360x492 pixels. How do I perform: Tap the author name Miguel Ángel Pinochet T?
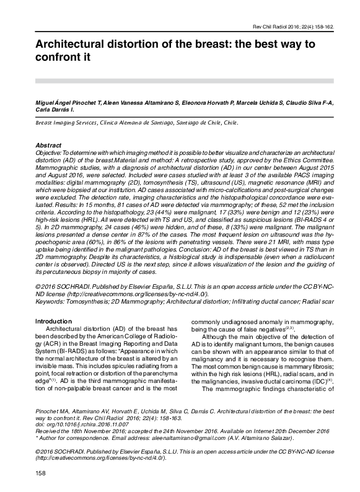(x=68, y=101)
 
